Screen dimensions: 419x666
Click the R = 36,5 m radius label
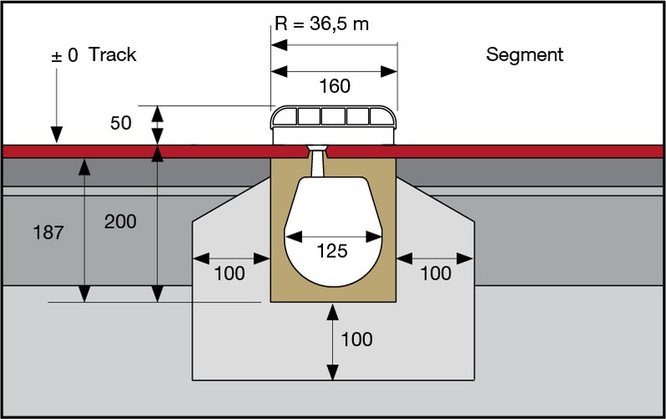click(x=321, y=23)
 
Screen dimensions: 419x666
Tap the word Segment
click(x=525, y=55)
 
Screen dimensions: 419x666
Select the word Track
click(x=112, y=55)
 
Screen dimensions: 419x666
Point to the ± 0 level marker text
click(x=65, y=56)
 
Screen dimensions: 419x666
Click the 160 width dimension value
click(x=335, y=86)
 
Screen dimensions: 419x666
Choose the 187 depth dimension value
click(x=49, y=233)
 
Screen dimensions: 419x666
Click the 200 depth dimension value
click(x=121, y=221)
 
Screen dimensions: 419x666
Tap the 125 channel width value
click(x=332, y=250)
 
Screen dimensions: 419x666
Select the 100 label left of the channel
click(x=230, y=273)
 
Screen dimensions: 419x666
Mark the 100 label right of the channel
click(x=435, y=273)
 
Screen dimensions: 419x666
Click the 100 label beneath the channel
click(x=357, y=339)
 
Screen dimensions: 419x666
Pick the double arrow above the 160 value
click(x=334, y=70)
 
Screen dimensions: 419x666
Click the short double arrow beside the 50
click(x=156, y=126)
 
